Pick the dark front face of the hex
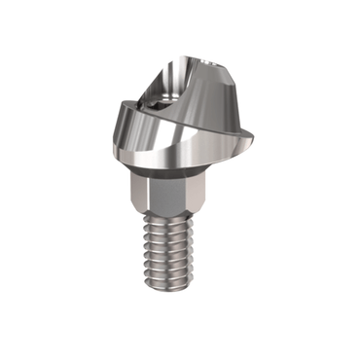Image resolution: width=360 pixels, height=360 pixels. tap(166, 194)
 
